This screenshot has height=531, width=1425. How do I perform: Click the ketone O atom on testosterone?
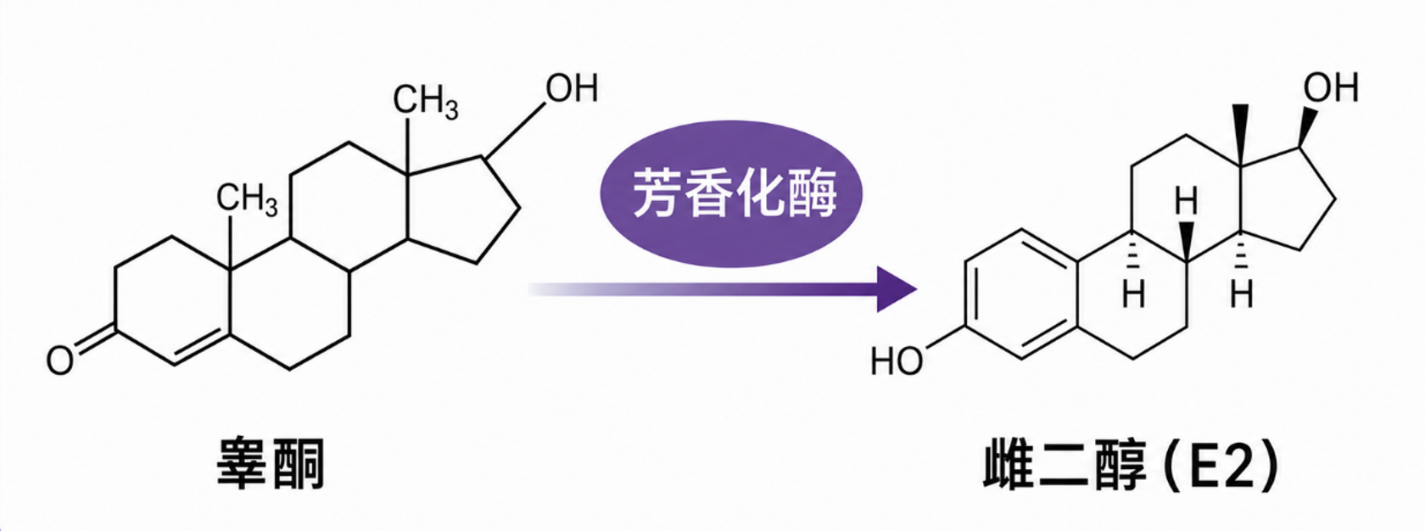click(59, 360)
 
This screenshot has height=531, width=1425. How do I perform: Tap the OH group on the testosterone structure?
click(572, 88)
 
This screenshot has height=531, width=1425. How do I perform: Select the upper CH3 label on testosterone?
click(426, 103)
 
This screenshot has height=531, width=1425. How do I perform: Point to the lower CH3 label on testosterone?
click(247, 199)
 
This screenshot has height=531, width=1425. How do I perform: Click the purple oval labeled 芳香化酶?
click(731, 193)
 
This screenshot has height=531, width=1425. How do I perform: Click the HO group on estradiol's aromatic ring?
click(897, 361)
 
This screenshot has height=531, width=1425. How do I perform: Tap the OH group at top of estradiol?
click(1331, 88)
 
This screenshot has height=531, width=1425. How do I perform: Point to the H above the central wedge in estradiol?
click(1186, 202)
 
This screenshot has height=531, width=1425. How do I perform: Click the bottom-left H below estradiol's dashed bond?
click(1133, 295)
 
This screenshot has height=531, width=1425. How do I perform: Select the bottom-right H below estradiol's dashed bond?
click(1241, 295)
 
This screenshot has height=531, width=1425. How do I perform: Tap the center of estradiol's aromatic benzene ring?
click(1021, 294)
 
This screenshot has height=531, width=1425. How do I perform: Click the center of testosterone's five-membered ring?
click(466, 210)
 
